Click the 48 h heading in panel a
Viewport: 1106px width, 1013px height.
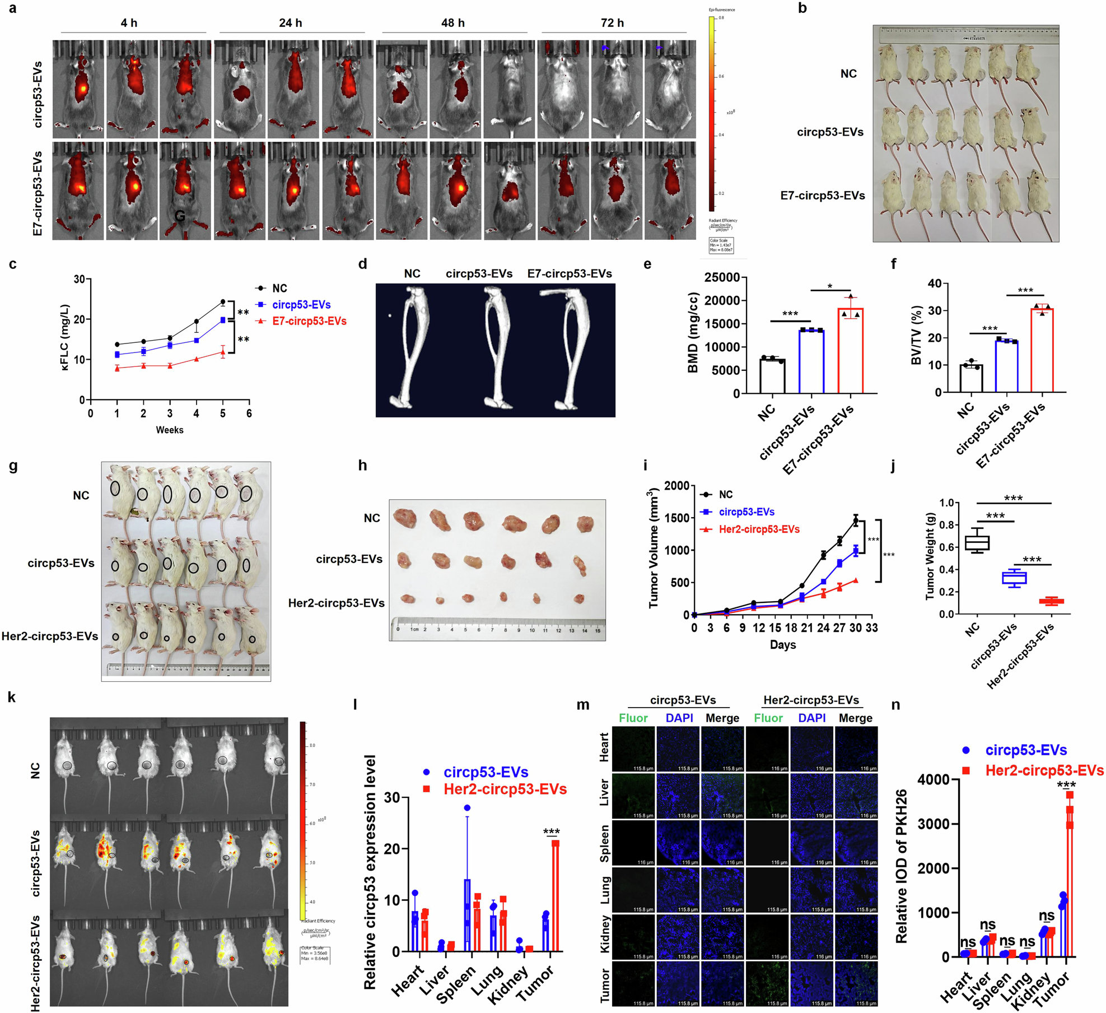click(x=452, y=23)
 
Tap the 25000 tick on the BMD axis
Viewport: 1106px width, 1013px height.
click(x=722, y=278)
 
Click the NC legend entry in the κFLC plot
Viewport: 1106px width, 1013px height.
click(x=279, y=288)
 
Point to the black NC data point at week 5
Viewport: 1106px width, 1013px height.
click(x=223, y=302)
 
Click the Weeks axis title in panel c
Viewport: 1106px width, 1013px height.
click(x=169, y=430)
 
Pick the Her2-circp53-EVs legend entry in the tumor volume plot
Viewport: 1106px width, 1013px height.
click(x=759, y=529)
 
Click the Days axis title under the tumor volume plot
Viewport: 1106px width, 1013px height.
click(x=782, y=644)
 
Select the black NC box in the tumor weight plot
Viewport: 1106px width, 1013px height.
click(x=977, y=543)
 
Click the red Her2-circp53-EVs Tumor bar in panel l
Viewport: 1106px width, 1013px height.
click(x=555, y=897)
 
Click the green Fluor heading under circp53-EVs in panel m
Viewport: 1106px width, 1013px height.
click(x=633, y=718)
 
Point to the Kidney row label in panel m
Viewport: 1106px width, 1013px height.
click(x=605, y=934)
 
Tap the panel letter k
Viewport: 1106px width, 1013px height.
click(x=11, y=697)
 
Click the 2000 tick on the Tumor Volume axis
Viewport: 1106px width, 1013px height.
click(x=676, y=486)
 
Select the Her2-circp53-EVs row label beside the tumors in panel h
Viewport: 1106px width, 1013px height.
click(x=336, y=603)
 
